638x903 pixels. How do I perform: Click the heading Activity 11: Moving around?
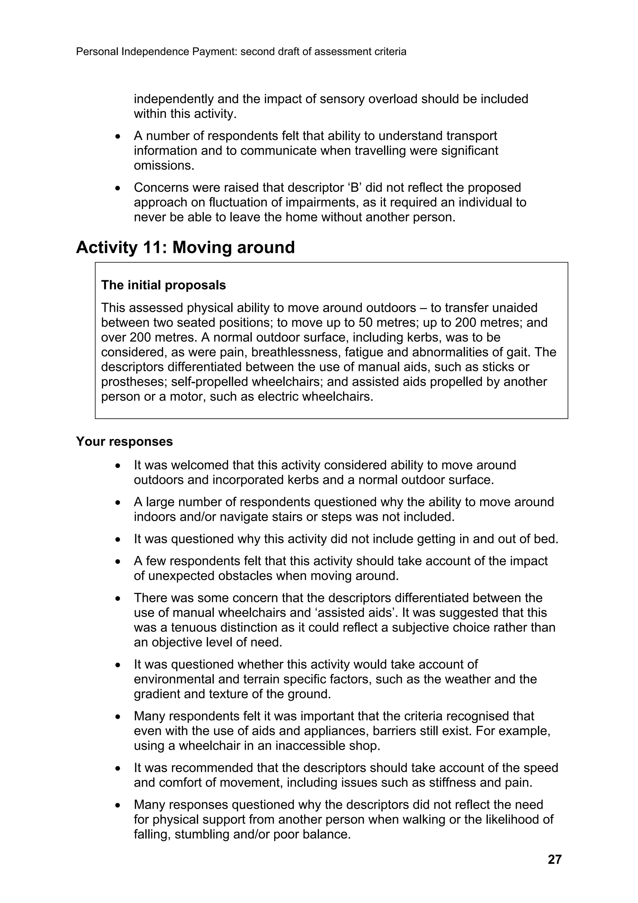tap(185, 247)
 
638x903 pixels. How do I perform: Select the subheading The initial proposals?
tap(164, 285)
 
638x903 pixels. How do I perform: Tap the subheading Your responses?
tap(124, 441)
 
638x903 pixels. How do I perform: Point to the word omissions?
tap(164, 166)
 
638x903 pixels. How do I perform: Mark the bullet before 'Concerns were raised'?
tap(117, 188)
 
